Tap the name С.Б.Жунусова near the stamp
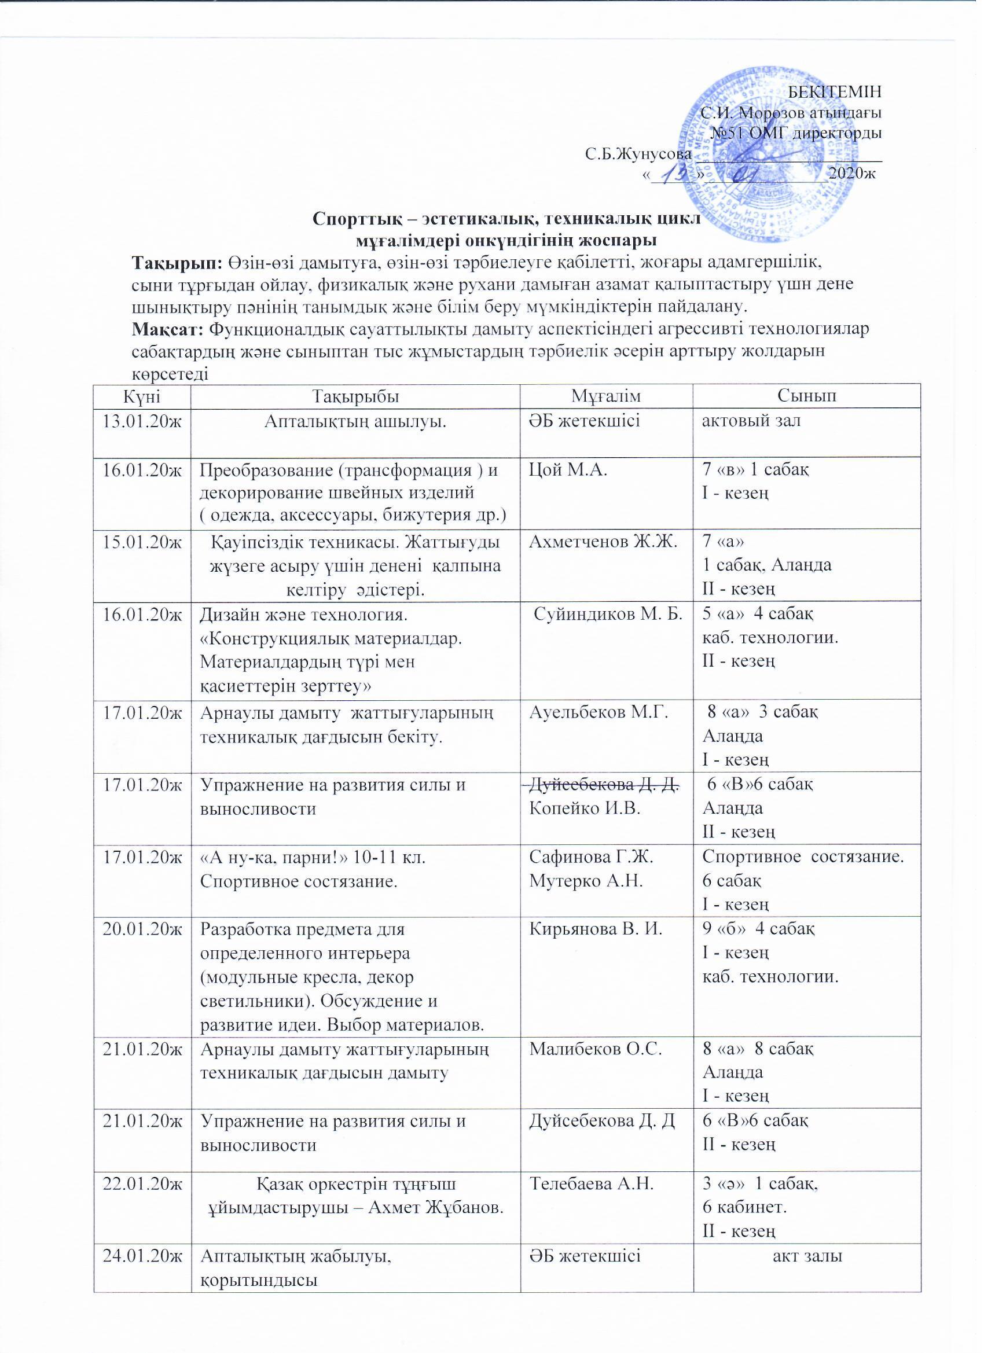pos(637,155)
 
